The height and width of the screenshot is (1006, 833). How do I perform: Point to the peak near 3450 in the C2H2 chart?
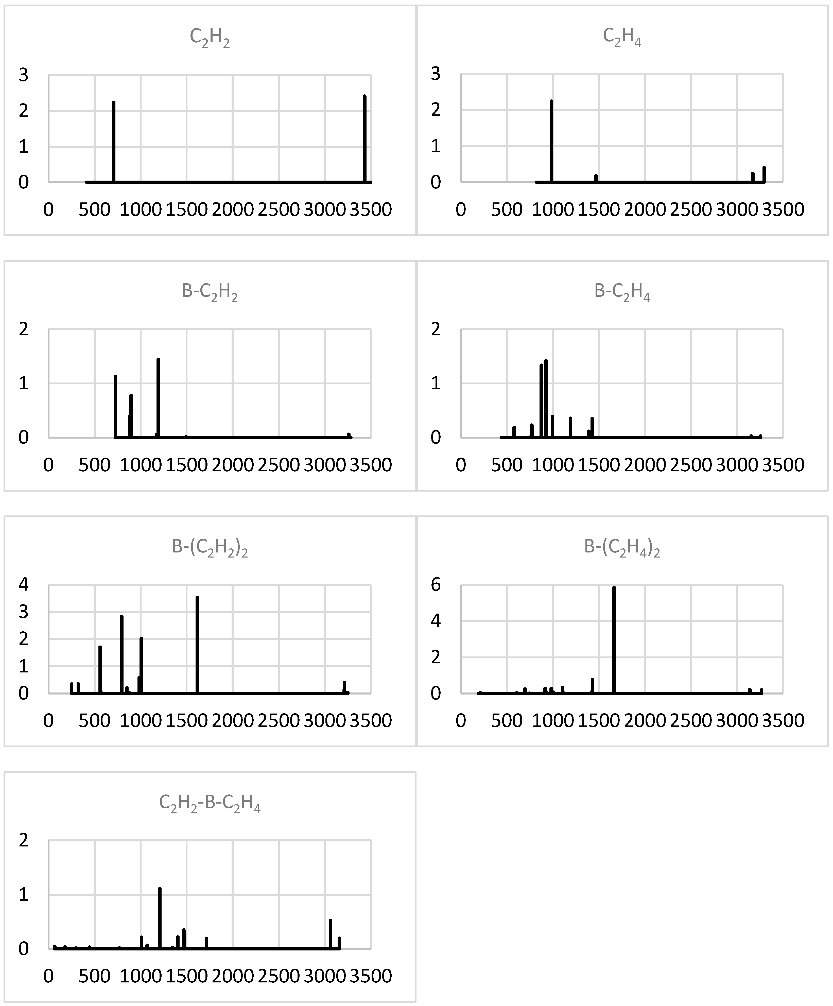click(365, 139)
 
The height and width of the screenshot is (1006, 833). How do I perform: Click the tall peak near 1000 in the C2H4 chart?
click(551, 141)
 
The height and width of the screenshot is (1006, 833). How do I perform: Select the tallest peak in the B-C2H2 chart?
click(158, 398)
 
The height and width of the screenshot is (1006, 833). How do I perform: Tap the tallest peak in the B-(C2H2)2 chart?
click(197, 644)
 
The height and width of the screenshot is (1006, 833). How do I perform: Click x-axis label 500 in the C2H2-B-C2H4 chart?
click(94, 976)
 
